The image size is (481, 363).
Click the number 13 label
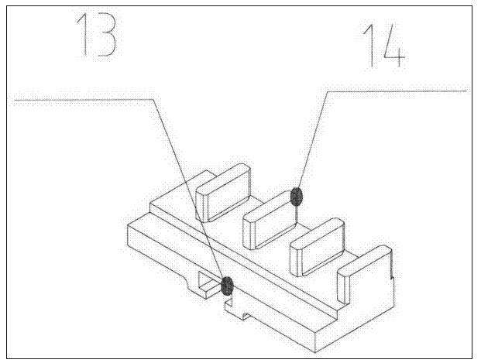(97, 36)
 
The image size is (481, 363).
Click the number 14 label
(383, 46)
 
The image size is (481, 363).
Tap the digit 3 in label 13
(106, 36)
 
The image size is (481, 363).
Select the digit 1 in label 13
(82, 36)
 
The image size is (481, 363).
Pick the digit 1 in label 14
(369, 46)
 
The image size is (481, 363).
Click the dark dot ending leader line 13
(227, 286)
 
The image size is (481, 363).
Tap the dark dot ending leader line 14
(297, 197)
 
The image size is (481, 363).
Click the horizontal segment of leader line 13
(84, 100)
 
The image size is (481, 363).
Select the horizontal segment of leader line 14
(397, 91)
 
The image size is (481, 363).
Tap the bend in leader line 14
(328, 91)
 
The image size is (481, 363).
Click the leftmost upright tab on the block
(223, 193)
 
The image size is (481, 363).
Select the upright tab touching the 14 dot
(270, 220)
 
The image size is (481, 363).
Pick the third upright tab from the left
(318, 248)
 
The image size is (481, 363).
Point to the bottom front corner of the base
(316, 352)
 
